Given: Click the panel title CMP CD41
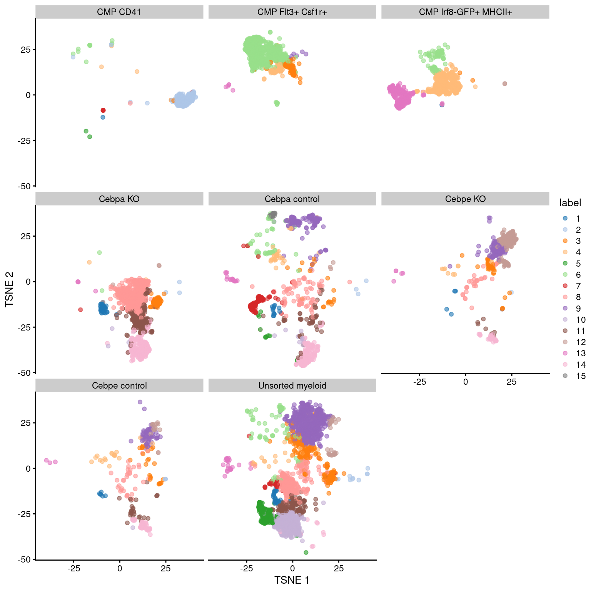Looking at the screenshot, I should tap(119, 12).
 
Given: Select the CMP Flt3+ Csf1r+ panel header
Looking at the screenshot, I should tap(292, 12).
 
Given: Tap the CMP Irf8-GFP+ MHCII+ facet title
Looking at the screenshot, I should tap(465, 12).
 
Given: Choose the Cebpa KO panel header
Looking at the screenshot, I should tap(119, 199).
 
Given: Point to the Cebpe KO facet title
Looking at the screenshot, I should tap(465, 199).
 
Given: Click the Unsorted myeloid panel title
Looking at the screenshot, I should tap(292, 386).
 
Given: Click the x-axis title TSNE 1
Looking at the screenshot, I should tap(292, 580).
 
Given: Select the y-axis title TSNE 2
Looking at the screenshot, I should tap(9, 289).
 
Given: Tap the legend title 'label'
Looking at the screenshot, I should tap(570, 203).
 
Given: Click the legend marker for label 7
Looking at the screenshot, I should tap(565, 286).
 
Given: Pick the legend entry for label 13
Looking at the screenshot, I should tap(565, 353).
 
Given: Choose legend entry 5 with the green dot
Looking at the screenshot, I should tap(565, 264).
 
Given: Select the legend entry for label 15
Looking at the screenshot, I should tap(565, 376).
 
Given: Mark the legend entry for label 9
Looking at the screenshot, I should tap(565, 308).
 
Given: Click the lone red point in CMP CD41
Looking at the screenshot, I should tap(103, 110).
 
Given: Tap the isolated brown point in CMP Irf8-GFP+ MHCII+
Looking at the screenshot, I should tap(505, 83).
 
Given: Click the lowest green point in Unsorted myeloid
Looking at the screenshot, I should tap(306, 553).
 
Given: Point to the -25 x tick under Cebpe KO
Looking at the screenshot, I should tap(419, 382).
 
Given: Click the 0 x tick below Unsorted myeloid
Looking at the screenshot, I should tap(292, 569).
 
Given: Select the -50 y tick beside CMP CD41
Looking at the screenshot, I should tap(24, 186).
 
